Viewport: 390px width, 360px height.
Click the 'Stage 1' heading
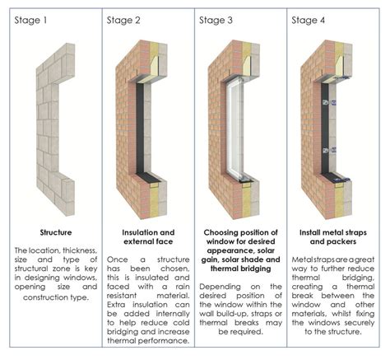(30, 19)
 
